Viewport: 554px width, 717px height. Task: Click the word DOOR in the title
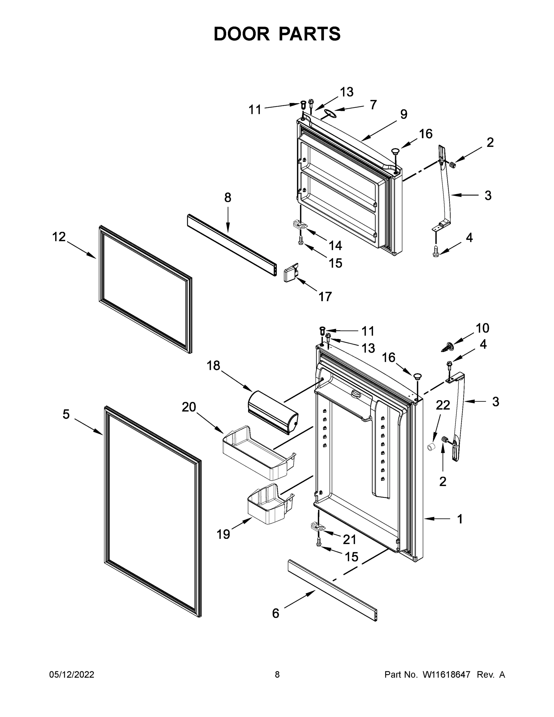[241, 34]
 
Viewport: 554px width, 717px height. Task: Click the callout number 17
[325, 296]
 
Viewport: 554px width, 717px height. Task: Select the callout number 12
[59, 237]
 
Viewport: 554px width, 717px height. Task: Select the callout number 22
[442, 405]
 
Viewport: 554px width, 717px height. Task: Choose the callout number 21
[349, 539]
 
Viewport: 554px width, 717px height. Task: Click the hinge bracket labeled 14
[299, 224]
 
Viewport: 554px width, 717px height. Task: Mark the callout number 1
[460, 519]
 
